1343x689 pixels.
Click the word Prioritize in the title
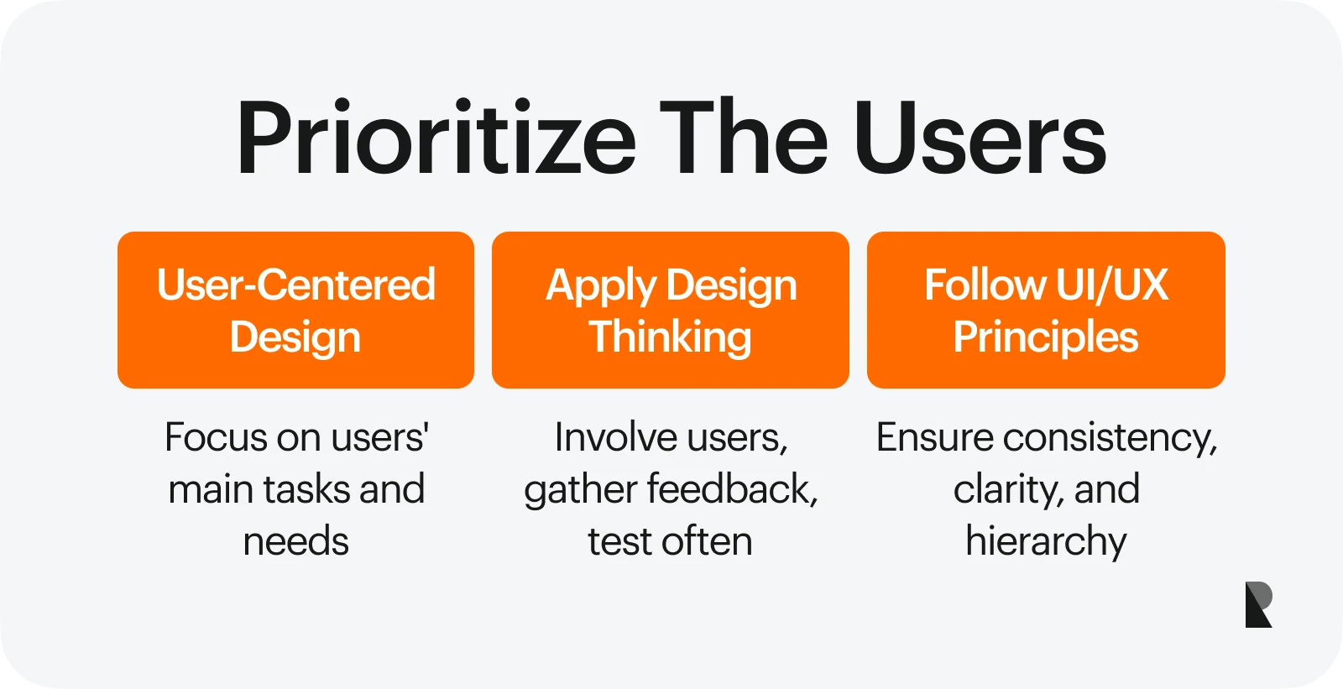tap(436, 137)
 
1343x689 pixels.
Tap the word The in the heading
tap(744, 137)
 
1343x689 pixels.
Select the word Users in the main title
tap(980, 137)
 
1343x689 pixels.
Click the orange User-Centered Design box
tap(295, 310)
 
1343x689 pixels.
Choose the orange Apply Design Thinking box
tap(671, 310)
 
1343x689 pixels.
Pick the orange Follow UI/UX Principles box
tap(1046, 310)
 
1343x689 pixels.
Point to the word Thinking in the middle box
tap(670, 337)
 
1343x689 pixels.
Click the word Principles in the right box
tap(1046, 337)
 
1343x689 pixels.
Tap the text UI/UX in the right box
tap(1112, 284)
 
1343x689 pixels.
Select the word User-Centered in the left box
tap(295, 284)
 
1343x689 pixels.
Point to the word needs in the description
tap(295, 541)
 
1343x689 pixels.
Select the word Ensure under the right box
tap(934, 437)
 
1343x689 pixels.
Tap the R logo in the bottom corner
tap(1258, 604)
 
